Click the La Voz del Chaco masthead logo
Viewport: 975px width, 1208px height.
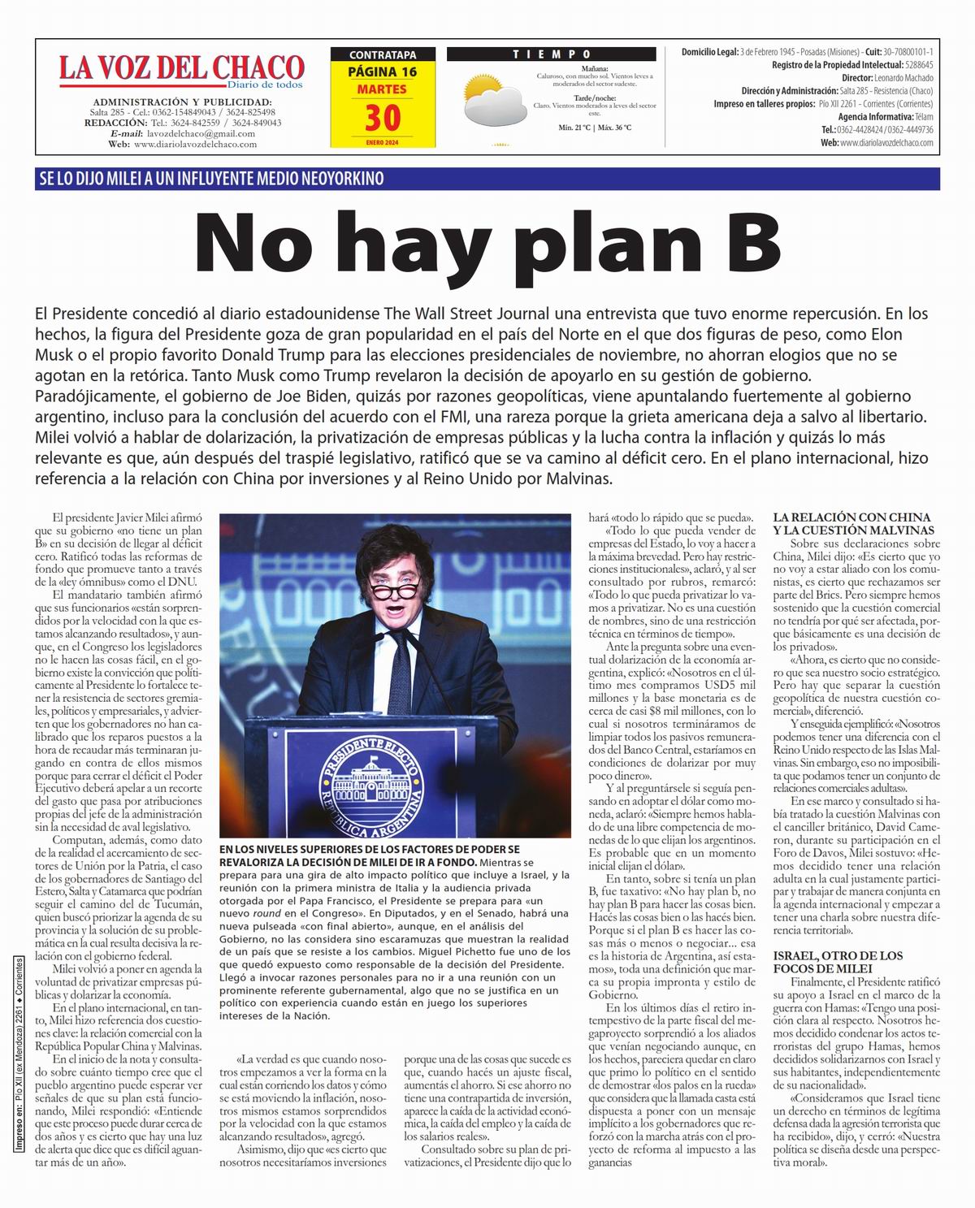click(180, 67)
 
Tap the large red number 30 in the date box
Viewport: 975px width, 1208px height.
click(382, 119)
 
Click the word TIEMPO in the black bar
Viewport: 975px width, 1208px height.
click(551, 54)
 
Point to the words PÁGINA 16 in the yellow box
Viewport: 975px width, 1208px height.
click(382, 71)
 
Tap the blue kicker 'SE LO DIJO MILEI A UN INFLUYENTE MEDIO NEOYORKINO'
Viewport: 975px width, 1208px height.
click(210, 179)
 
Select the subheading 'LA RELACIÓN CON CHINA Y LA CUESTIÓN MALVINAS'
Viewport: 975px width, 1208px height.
click(851, 523)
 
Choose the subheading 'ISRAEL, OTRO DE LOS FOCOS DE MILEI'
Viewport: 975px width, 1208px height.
click(838, 962)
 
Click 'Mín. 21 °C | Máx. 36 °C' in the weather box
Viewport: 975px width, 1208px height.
click(595, 128)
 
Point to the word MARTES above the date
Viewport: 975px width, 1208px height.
click(382, 89)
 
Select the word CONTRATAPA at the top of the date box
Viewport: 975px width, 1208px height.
click(382, 55)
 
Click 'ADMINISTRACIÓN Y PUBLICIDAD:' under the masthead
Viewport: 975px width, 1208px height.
click(182, 102)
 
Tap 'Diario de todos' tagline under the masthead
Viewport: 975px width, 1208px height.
click(265, 84)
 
